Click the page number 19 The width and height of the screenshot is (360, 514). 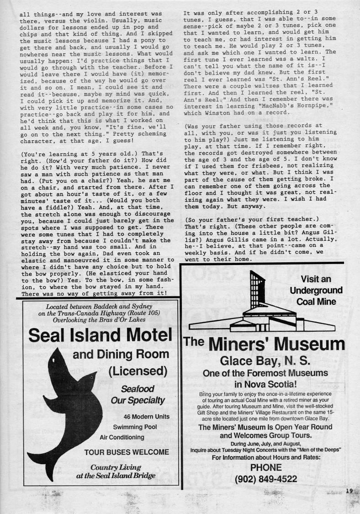[349, 491]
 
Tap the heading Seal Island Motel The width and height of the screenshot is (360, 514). [100, 335]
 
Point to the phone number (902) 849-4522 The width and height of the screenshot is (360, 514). [266, 479]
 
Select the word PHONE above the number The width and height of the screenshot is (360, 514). [266, 467]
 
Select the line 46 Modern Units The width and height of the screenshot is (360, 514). [146, 417]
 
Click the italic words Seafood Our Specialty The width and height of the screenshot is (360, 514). [137, 395]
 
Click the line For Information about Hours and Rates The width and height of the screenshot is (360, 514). [266, 457]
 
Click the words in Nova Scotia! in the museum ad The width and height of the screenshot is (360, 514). [265, 384]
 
